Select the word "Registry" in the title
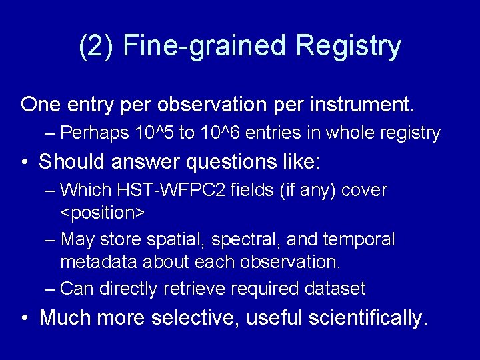point(349,46)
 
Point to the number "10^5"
point(157,133)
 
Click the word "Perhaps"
point(95,133)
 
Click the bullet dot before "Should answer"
point(24,162)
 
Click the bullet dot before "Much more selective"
point(24,318)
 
